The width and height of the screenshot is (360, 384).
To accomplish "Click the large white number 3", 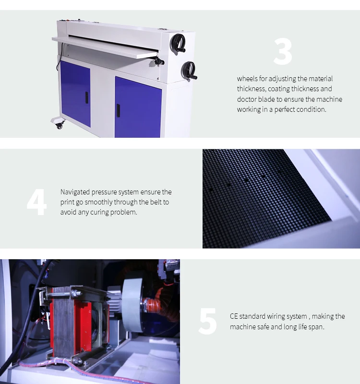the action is click(283, 52).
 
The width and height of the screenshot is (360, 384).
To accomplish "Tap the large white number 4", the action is click(37, 202).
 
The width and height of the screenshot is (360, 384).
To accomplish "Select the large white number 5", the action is click(208, 321).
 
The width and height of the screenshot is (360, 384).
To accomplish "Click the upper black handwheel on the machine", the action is click(178, 43).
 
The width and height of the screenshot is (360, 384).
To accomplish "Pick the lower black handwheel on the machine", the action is click(189, 71).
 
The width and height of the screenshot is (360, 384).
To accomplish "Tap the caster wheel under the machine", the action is click(59, 125).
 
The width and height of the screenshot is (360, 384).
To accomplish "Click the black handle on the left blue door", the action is click(87, 97).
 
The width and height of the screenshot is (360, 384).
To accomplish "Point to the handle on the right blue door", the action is click(118, 110).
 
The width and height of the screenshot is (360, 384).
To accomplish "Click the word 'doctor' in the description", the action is click(247, 99).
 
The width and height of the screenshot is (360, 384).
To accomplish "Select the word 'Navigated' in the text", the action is click(75, 192).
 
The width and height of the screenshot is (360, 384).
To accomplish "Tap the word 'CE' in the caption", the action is click(234, 316).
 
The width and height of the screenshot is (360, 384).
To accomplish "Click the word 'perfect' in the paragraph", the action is click(285, 109).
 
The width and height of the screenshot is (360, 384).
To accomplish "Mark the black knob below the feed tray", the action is click(159, 62).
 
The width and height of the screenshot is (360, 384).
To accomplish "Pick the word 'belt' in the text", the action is click(155, 202).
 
